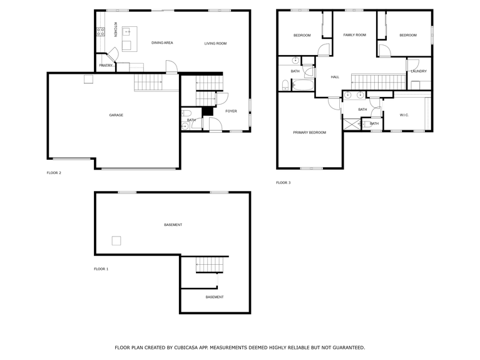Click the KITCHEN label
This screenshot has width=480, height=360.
point(116,29)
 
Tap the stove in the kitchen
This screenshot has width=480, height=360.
point(100,33)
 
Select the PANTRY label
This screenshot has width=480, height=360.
point(106,65)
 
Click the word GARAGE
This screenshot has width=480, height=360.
point(116,115)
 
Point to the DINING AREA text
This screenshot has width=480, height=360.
point(162,43)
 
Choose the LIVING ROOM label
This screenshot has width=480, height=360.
point(215,43)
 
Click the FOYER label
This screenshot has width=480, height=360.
point(231,111)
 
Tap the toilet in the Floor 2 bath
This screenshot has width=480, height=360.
point(186,113)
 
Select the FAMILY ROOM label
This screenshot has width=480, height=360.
point(354,35)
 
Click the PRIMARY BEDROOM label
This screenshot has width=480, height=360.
point(310,132)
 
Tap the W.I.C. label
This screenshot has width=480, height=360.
point(404,115)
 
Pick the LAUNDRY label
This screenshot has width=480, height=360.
point(418,71)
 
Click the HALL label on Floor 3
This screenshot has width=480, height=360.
point(335,77)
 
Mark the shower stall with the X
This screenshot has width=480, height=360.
point(352,124)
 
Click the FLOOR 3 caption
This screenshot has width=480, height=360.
point(283,183)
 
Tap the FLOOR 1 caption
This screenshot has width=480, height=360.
point(101,269)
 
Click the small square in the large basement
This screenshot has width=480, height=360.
point(116,240)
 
